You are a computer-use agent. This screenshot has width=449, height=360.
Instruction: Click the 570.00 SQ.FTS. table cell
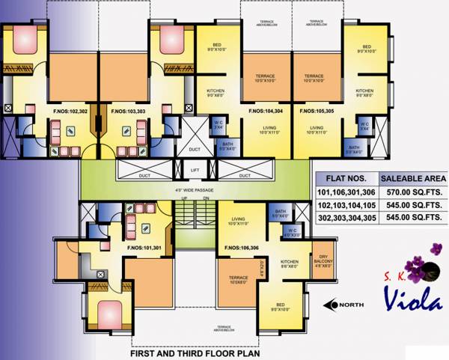coord(412,192)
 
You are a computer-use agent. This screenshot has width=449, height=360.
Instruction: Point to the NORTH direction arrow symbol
coord(332,305)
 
